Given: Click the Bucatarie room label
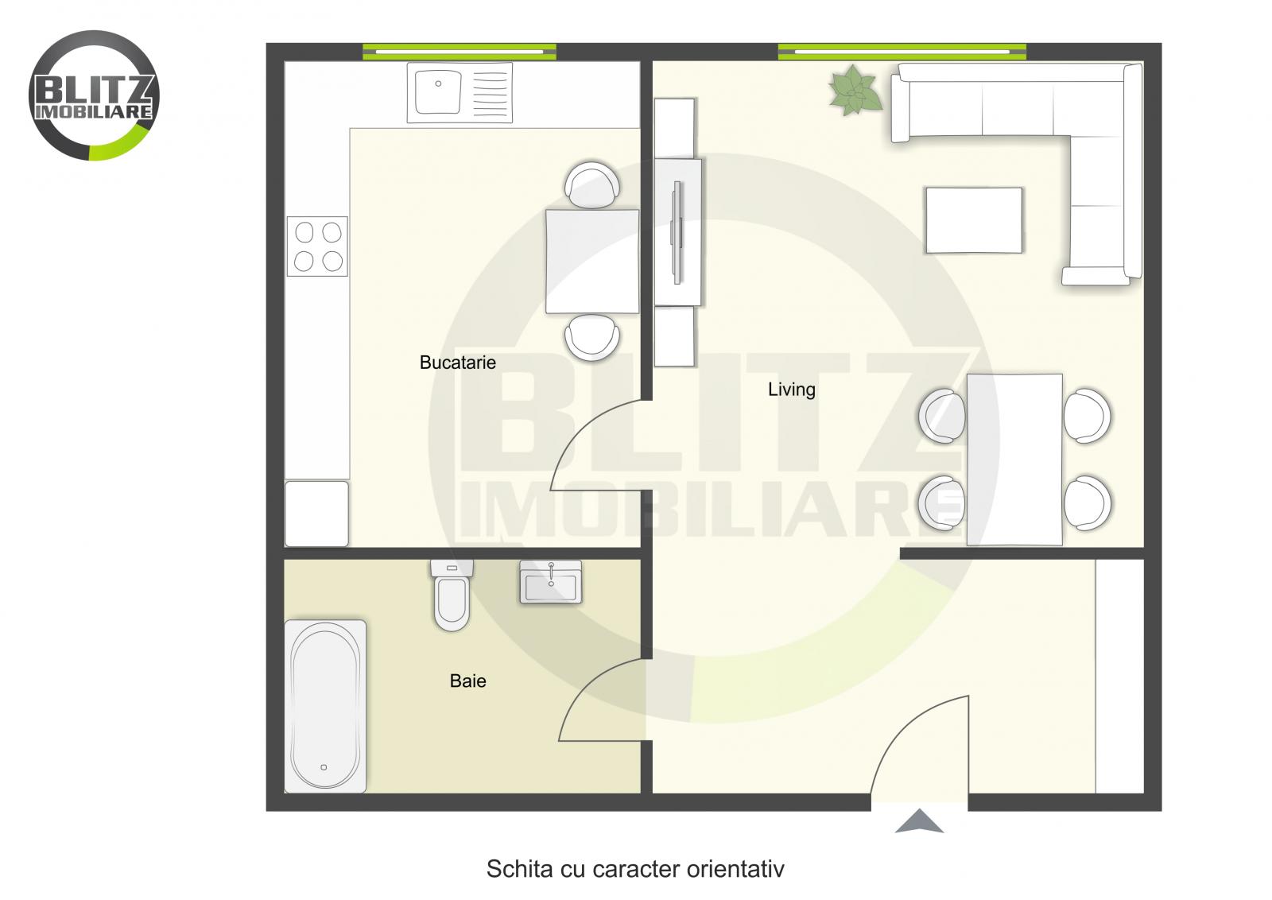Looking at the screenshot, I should (457, 363).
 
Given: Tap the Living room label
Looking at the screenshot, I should (791, 390).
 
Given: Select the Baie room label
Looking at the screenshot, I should (467, 681).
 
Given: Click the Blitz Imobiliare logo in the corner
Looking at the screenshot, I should (94, 95).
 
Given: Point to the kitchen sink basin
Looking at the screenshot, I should (436, 91).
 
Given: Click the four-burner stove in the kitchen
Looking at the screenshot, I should (318, 246).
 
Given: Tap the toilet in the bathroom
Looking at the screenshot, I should (452, 596).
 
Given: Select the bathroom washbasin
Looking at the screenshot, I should (550, 582).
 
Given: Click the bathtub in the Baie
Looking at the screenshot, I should (325, 706).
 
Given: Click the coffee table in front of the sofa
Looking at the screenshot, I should (974, 220).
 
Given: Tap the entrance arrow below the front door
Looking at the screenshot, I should (919, 821).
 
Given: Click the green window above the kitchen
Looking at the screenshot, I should (460, 52).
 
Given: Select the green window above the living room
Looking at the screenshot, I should (902, 52).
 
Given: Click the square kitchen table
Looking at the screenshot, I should (592, 261).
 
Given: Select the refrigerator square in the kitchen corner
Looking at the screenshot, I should (316, 513).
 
